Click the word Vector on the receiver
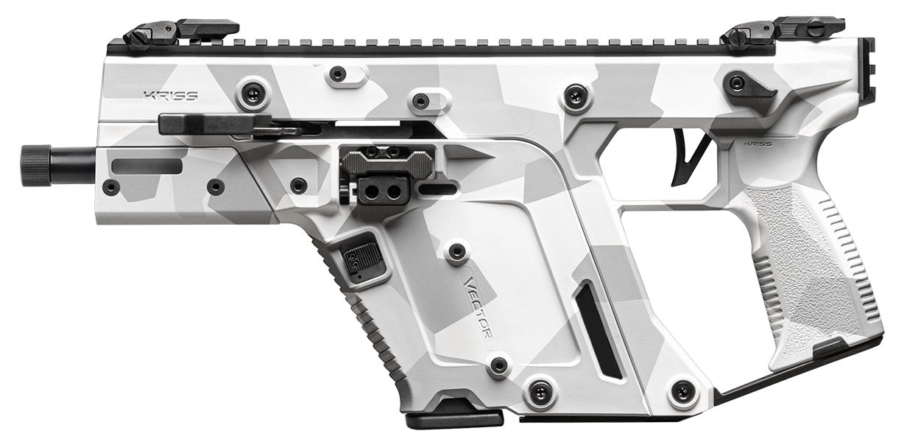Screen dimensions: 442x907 click(479, 306)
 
